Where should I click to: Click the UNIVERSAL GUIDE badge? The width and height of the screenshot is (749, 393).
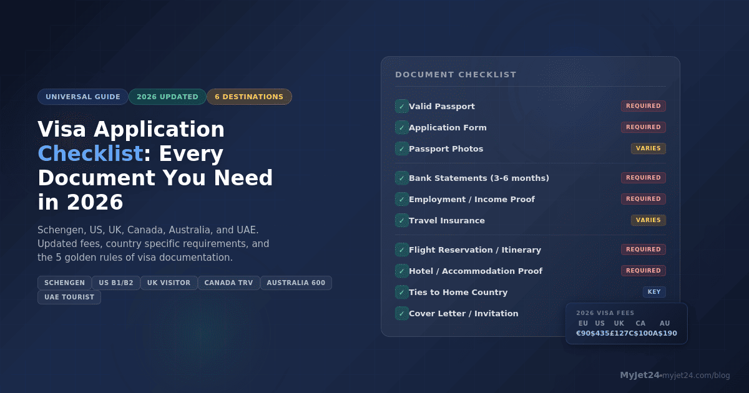tap(83, 97)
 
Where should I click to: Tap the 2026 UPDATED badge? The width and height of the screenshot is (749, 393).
tap(167, 97)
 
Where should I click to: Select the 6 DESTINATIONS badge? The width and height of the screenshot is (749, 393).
tap(249, 97)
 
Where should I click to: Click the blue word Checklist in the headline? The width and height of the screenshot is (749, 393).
tap(91, 153)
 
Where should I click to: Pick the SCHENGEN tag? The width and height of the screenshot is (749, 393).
tap(64, 283)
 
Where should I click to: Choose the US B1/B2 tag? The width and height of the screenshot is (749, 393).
tap(116, 283)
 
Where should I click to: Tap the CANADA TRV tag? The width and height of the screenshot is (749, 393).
tap(228, 283)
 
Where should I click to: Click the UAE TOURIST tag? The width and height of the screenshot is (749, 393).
tap(69, 297)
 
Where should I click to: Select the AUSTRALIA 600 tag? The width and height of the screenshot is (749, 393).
tap(296, 283)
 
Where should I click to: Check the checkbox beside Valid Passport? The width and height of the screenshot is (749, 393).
tap(401, 106)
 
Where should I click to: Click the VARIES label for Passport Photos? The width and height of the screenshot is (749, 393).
tap(648, 148)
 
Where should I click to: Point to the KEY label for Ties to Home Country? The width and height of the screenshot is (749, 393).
tap(654, 292)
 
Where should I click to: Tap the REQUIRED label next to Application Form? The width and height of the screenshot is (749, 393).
tap(643, 127)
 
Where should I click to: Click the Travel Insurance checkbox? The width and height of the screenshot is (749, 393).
tap(401, 220)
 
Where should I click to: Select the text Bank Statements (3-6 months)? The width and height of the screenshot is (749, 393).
tap(479, 178)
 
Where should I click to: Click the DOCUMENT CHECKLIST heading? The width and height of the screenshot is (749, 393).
tap(456, 75)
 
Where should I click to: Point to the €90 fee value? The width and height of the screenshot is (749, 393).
tap(583, 333)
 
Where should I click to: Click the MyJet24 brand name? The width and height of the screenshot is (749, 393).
tap(640, 375)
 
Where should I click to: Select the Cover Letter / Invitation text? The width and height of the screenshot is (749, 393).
tap(463, 313)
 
